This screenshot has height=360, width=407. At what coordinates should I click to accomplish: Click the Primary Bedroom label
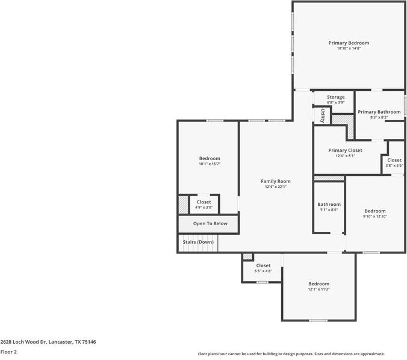tap(349, 43)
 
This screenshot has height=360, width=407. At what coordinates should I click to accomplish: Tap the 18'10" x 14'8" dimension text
tap(349, 48)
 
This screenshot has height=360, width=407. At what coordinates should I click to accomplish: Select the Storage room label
tap(335, 97)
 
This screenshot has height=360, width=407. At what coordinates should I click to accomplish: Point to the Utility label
tap(323, 116)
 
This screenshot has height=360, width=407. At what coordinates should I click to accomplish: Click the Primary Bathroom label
tap(379, 112)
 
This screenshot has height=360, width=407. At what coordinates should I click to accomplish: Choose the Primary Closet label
tap(345, 150)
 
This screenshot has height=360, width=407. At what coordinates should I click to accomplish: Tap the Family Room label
tap(276, 181)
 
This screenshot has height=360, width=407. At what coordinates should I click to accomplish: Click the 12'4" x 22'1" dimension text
tap(276, 187)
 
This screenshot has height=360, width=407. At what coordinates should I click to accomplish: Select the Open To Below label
tap(210, 223)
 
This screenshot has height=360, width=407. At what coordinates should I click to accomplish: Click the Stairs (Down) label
tap(198, 242)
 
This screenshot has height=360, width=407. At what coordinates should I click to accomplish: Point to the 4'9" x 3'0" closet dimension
tap(204, 208)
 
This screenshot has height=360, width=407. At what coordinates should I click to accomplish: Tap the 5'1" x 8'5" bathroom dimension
tap(329, 210)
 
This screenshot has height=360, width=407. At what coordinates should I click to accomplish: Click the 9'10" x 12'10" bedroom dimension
tap(374, 216)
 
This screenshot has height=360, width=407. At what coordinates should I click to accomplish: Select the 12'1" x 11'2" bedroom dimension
tap(318, 289)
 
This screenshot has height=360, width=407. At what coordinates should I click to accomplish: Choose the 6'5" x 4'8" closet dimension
tap(263, 271)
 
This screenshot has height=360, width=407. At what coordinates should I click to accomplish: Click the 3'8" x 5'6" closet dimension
tap(394, 166)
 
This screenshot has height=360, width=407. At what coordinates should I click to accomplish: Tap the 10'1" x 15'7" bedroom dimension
tap(210, 164)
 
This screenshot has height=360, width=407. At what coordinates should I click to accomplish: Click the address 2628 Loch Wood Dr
tap(48, 341)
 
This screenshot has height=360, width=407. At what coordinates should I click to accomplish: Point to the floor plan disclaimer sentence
tap(291, 354)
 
